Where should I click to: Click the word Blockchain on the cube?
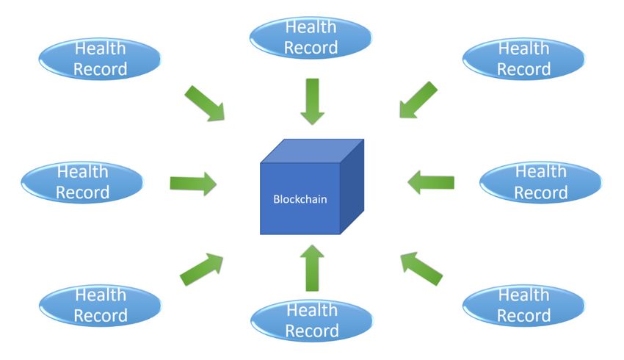click(x=300, y=199)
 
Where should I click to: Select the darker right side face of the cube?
click(x=352, y=187)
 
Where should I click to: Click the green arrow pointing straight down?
click(x=313, y=101)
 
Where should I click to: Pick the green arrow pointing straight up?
click(x=313, y=268)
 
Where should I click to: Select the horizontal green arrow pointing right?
click(x=193, y=184)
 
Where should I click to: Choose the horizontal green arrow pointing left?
click(x=431, y=182)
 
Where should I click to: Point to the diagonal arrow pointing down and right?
click(x=205, y=103)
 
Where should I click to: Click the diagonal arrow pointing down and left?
click(x=418, y=100)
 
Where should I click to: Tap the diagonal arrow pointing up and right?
click(x=202, y=269)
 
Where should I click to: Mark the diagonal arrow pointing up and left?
click(x=421, y=269)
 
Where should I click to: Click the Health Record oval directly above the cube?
click(x=311, y=37)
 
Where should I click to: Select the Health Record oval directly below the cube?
click(x=312, y=320)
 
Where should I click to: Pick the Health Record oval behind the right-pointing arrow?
click(x=82, y=182)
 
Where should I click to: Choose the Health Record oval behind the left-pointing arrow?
click(x=541, y=182)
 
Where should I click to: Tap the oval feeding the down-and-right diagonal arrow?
click(x=100, y=59)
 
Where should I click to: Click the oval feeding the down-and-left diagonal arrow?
click(x=523, y=59)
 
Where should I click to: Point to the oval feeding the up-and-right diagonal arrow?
click(x=101, y=306)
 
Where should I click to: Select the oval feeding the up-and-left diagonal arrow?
click(x=523, y=306)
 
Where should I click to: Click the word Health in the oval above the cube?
click(x=311, y=27)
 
